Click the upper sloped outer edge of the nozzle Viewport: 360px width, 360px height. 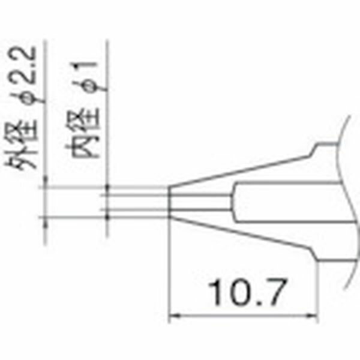pos(240,168)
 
